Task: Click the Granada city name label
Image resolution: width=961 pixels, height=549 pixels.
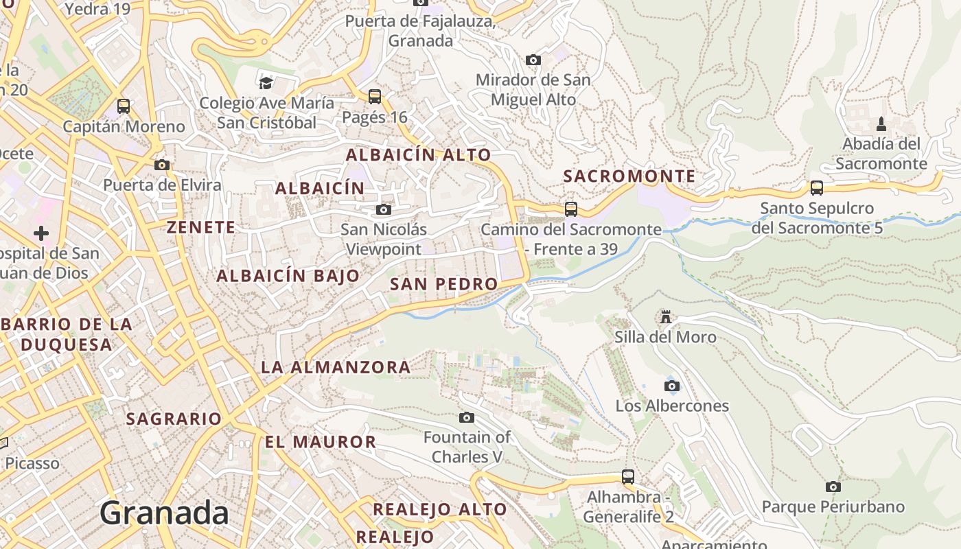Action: coord(164,513)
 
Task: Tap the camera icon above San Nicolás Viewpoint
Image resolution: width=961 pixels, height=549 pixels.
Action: coord(384,209)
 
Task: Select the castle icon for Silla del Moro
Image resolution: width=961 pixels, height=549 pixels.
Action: coord(665,316)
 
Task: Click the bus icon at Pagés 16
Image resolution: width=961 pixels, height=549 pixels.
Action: coord(375,97)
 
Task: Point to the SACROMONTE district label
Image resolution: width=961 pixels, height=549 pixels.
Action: coord(629,176)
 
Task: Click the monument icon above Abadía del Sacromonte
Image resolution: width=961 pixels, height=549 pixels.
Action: coord(881,124)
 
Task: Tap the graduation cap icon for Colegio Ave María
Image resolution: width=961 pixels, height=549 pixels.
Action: coord(266,83)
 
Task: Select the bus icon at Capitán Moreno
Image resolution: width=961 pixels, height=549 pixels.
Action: coord(124,106)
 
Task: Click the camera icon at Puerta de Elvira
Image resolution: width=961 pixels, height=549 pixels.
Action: coord(162,165)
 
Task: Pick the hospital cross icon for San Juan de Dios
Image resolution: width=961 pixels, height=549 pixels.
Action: coord(41,233)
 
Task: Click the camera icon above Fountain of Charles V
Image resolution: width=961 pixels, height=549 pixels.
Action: coord(467,417)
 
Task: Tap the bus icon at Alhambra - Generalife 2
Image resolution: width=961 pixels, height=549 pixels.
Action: coord(628,476)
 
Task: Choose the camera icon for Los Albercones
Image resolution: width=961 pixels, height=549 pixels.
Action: coord(672,386)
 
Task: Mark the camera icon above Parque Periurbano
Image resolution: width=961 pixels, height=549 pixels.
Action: coord(833,487)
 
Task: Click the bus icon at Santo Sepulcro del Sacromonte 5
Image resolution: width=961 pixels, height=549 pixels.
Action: coord(817,188)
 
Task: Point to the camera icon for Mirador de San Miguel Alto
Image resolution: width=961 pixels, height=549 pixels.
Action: coord(533,60)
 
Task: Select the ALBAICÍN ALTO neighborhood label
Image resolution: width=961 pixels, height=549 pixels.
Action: coord(418,155)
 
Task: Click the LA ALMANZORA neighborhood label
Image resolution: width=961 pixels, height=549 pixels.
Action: coord(336,367)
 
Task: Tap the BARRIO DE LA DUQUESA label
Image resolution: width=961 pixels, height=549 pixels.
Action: coord(67,334)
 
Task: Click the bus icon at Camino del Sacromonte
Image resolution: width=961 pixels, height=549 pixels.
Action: coord(571,209)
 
